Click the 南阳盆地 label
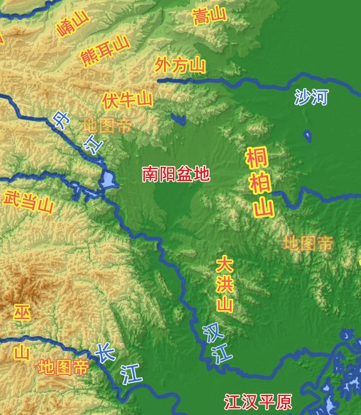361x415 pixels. [176, 174]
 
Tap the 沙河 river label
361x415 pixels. [311, 97]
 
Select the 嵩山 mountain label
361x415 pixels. [209, 16]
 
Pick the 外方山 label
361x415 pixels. [180, 65]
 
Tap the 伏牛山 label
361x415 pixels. [127, 100]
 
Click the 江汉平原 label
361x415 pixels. [258, 402]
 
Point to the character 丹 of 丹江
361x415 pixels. [61, 121]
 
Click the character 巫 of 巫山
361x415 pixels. [22, 312]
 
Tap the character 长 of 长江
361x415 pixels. [104, 352]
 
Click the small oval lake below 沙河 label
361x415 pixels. [307, 136]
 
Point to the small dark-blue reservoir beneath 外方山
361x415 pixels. [178, 119]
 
